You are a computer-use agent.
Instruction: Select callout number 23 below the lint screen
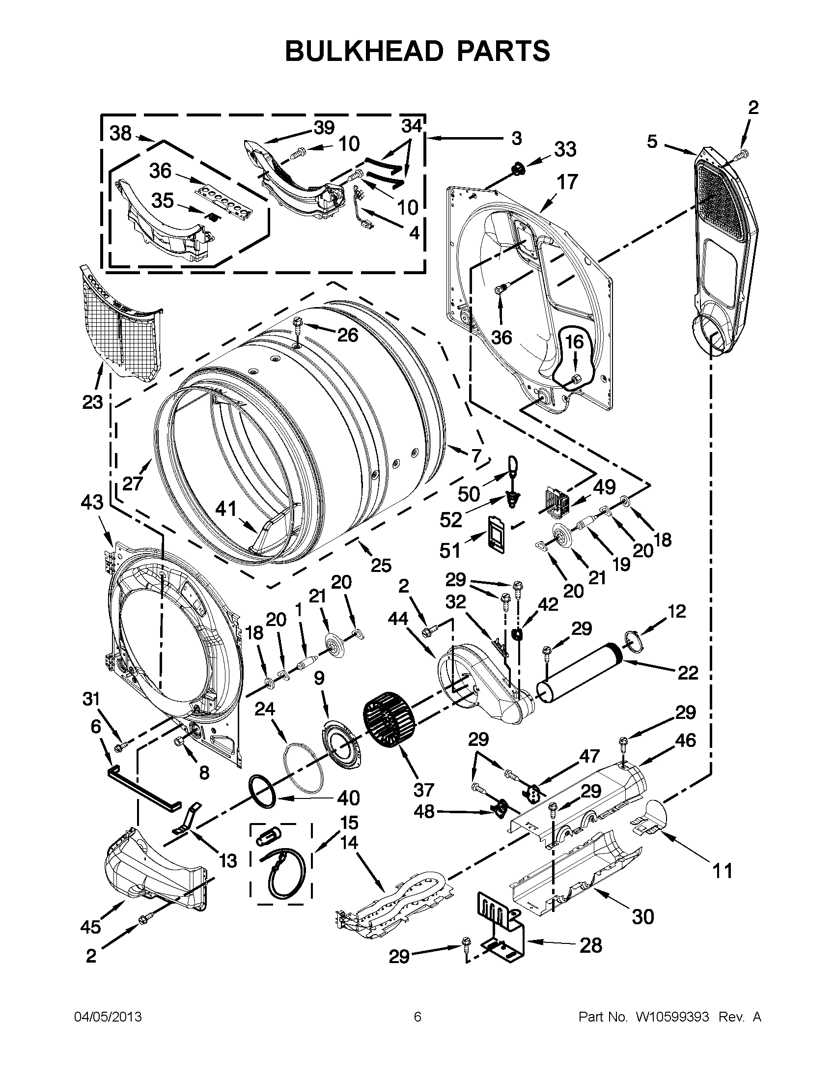[x=92, y=402]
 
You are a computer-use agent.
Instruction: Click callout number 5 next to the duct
[x=652, y=142]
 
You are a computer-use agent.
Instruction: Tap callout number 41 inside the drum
[x=226, y=510]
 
